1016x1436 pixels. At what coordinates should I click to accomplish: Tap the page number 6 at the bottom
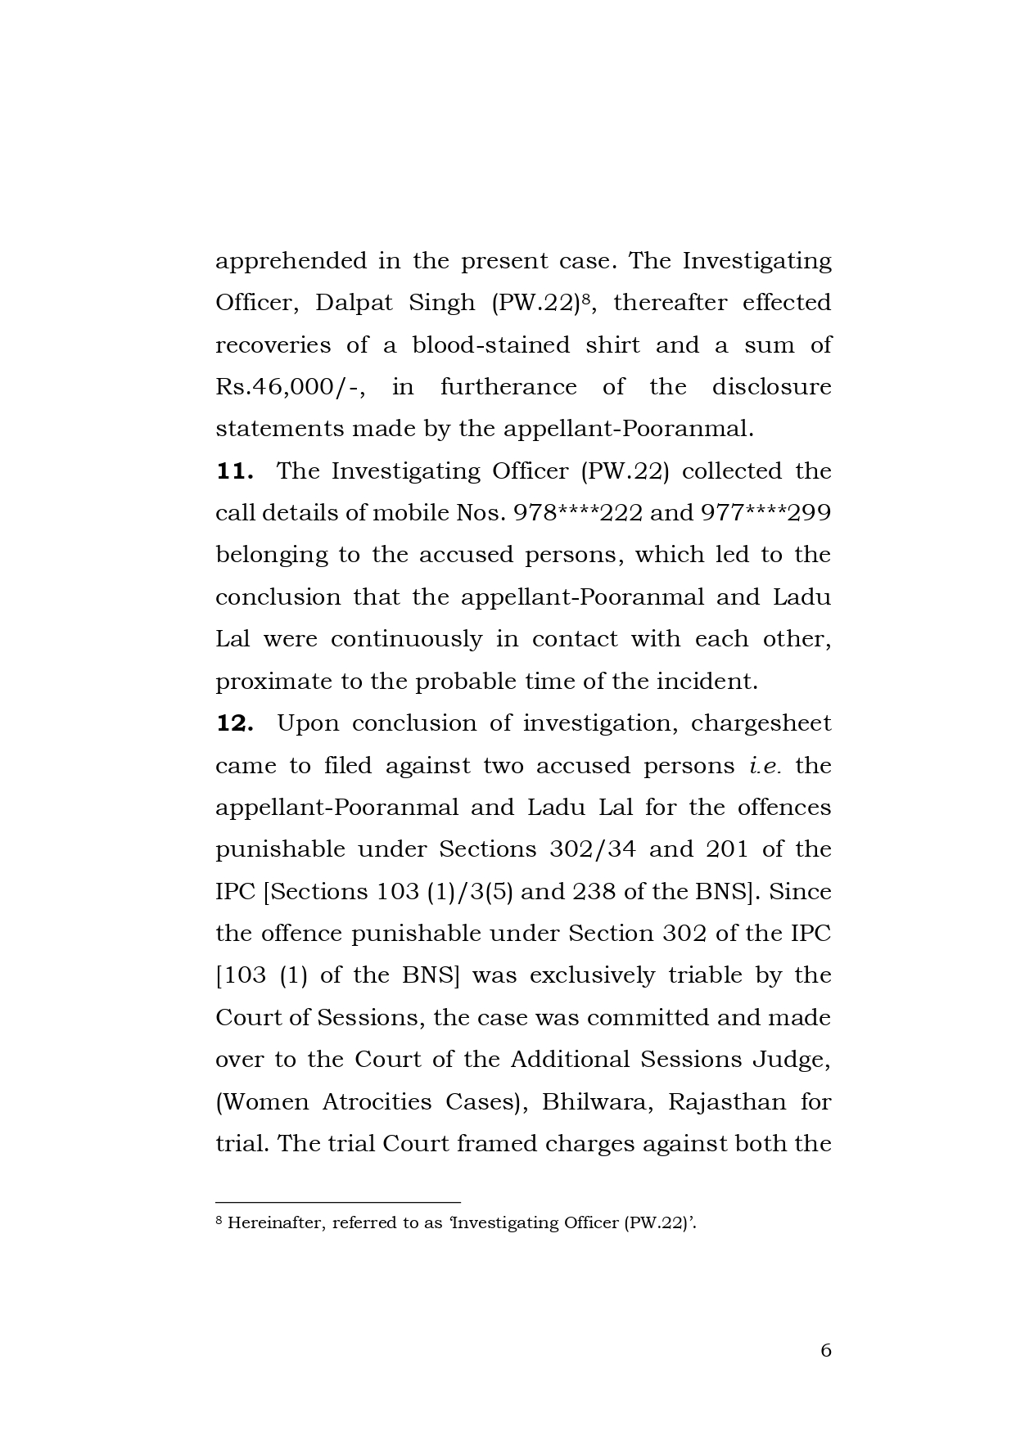[825, 1350]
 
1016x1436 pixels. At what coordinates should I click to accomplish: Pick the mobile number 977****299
[765, 513]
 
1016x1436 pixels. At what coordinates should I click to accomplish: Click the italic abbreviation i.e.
[765, 766]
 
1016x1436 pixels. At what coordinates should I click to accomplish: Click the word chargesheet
[761, 723]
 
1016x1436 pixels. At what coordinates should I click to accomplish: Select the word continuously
[406, 639]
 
